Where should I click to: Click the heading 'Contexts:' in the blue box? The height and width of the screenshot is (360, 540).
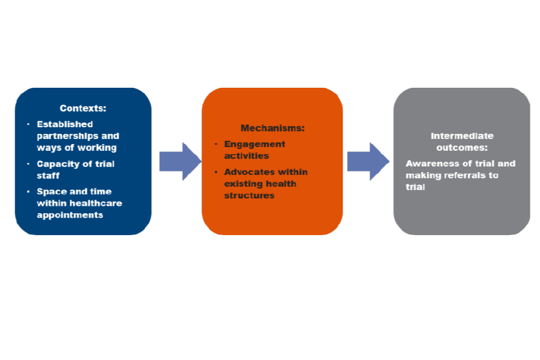pyautogui.click(x=83, y=108)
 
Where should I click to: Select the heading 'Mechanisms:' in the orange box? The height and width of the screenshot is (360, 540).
pyautogui.click(x=272, y=128)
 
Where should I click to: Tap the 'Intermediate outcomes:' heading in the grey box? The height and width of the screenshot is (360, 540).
pyautogui.click(x=462, y=142)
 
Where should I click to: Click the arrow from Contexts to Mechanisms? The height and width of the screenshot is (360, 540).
pyautogui.click(x=179, y=161)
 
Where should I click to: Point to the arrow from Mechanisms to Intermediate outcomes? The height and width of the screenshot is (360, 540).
pyautogui.click(x=367, y=161)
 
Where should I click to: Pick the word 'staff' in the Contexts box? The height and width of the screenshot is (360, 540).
pyautogui.click(x=48, y=175)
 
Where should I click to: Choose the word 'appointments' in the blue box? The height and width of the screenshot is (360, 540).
pyautogui.click(x=70, y=215)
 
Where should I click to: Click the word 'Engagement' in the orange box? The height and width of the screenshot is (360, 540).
pyautogui.click(x=254, y=144)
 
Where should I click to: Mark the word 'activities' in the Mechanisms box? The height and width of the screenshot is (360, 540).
pyautogui.click(x=246, y=156)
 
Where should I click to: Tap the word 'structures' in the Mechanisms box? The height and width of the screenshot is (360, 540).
pyautogui.click(x=249, y=196)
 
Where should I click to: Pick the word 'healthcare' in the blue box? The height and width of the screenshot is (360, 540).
pyautogui.click(x=95, y=203)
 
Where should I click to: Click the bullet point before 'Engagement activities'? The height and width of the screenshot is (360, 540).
pyautogui.click(x=216, y=144)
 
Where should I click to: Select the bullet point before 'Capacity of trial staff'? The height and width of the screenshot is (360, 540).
pyautogui.click(x=28, y=164)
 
